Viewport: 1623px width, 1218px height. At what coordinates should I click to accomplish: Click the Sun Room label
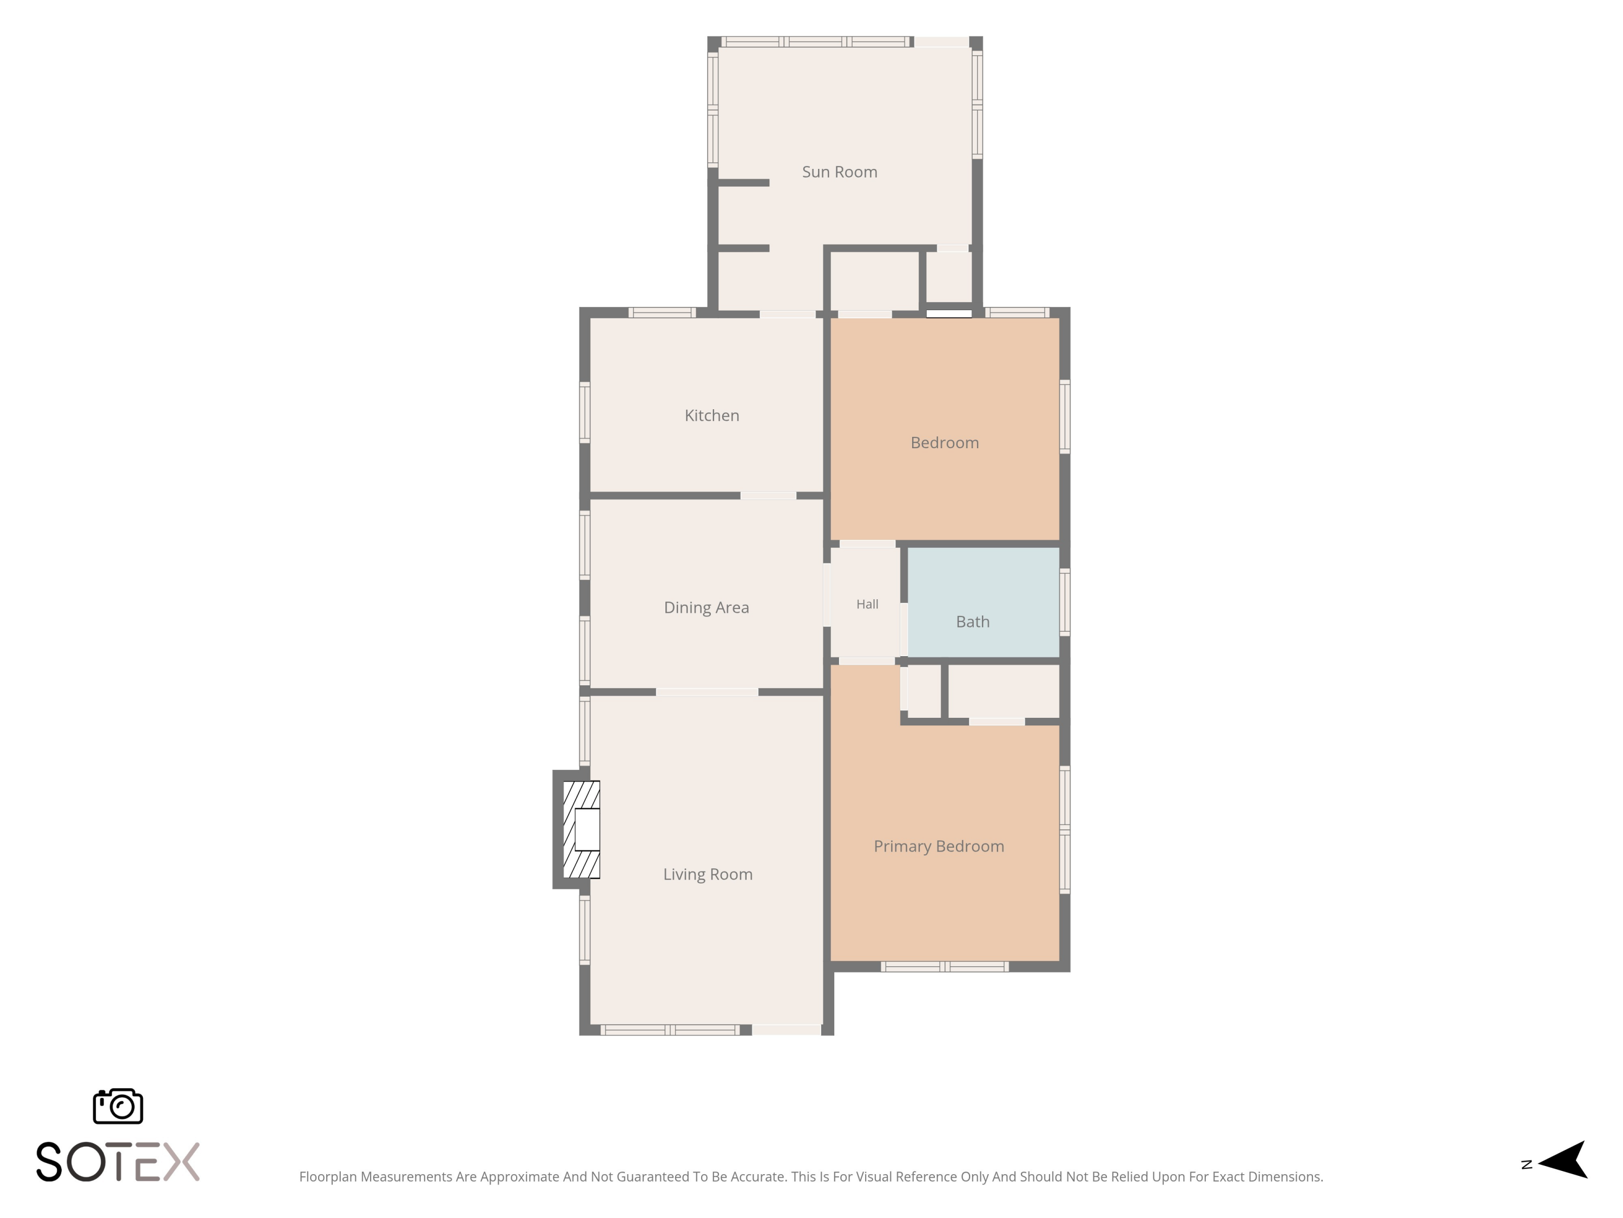point(840,172)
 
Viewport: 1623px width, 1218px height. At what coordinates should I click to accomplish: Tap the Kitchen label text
point(712,416)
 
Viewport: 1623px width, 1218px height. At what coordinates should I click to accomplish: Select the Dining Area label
point(707,608)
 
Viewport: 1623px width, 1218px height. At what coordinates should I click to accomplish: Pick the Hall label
point(867,604)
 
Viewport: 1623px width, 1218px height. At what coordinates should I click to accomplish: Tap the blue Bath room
point(983,602)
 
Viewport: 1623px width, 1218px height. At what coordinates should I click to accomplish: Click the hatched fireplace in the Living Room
point(581,830)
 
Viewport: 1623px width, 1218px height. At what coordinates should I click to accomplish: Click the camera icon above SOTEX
point(118,1105)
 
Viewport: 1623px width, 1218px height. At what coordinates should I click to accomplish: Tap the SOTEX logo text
point(118,1162)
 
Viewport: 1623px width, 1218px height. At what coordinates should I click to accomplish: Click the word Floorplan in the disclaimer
point(328,1177)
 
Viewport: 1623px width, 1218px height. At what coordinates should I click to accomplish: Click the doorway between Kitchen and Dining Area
point(768,495)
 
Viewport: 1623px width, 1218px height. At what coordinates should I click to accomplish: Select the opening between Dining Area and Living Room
point(707,692)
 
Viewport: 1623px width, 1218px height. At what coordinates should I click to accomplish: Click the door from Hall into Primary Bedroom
point(867,662)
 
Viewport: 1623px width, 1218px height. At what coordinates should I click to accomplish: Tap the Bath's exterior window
point(1065,602)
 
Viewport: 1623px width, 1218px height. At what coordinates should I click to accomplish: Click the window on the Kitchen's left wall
point(585,412)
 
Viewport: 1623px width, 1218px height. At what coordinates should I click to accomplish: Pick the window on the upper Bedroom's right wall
point(1065,416)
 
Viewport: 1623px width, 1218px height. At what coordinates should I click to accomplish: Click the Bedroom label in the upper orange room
point(944,443)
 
